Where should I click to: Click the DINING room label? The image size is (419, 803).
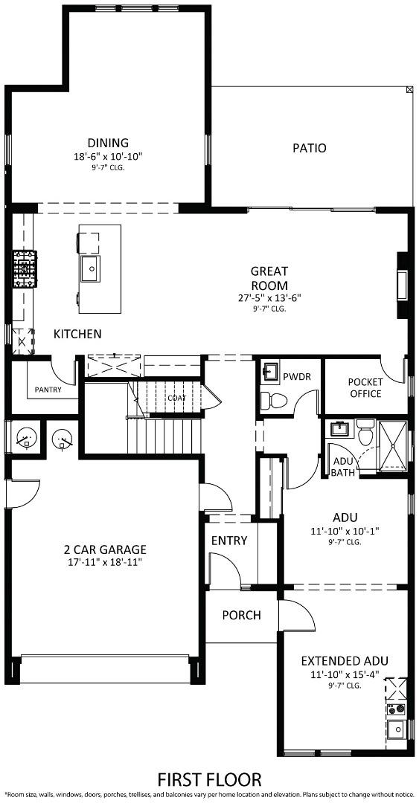(x=108, y=143)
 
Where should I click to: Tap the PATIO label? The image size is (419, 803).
(x=309, y=148)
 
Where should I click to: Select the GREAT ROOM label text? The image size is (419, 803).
(x=269, y=278)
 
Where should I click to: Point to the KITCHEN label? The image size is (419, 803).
(x=77, y=334)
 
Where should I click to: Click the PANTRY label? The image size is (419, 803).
(x=47, y=389)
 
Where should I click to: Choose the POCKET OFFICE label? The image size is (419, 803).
(x=365, y=387)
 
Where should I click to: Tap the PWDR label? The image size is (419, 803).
(x=296, y=376)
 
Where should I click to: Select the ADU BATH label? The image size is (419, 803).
(x=343, y=466)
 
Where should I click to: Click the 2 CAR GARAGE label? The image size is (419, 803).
(x=104, y=549)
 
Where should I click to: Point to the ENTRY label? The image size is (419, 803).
(x=228, y=541)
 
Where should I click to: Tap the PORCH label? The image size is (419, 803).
(x=241, y=615)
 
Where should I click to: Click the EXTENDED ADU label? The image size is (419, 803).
(x=344, y=661)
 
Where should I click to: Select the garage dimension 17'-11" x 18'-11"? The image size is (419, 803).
(x=104, y=562)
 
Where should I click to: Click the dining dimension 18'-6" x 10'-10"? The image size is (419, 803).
(x=108, y=156)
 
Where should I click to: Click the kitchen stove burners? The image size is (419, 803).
(x=22, y=269)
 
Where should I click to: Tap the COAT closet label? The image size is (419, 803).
(x=176, y=398)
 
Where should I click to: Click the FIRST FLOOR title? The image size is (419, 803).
(x=209, y=779)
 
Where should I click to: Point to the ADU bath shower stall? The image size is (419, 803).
(x=394, y=445)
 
